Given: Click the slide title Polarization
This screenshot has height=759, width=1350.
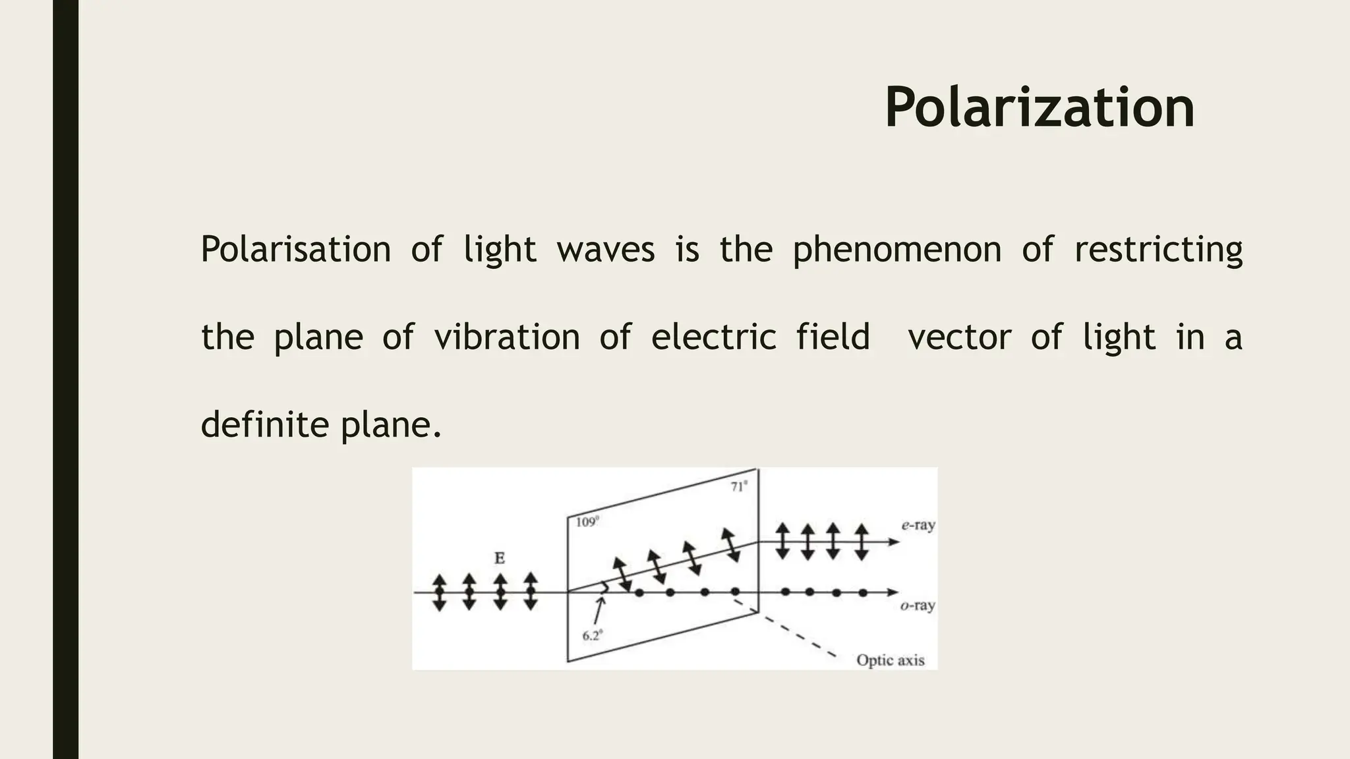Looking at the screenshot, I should coord(1039,108).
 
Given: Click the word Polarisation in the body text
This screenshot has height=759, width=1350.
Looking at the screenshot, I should coord(295,250).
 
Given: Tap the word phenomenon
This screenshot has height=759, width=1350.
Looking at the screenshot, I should coord(896,250).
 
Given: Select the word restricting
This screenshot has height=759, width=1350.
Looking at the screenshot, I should coord(1158,250).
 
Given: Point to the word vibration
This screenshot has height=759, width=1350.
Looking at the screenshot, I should coord(506,337).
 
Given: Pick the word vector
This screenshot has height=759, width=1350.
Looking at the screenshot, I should coord(959,337).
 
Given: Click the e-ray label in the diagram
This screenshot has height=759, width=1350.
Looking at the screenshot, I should coord(918,526).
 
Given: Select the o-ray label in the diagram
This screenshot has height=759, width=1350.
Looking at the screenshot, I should coord(918,605).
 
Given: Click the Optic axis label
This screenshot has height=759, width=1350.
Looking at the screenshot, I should coord(890,660).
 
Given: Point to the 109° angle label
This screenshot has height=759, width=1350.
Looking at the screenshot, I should coord(587,522).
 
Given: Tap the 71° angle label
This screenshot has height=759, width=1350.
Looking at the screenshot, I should coord(739,487).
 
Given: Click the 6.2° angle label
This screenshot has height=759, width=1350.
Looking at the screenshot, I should coord(592,636).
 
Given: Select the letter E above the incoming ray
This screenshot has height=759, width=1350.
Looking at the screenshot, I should coord(500,559).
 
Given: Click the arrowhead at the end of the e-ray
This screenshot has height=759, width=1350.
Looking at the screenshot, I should coord(894,542).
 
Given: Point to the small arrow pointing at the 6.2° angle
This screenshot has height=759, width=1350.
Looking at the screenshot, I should coord(599,610).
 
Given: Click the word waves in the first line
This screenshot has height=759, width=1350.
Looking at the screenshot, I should coord(605,250).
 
